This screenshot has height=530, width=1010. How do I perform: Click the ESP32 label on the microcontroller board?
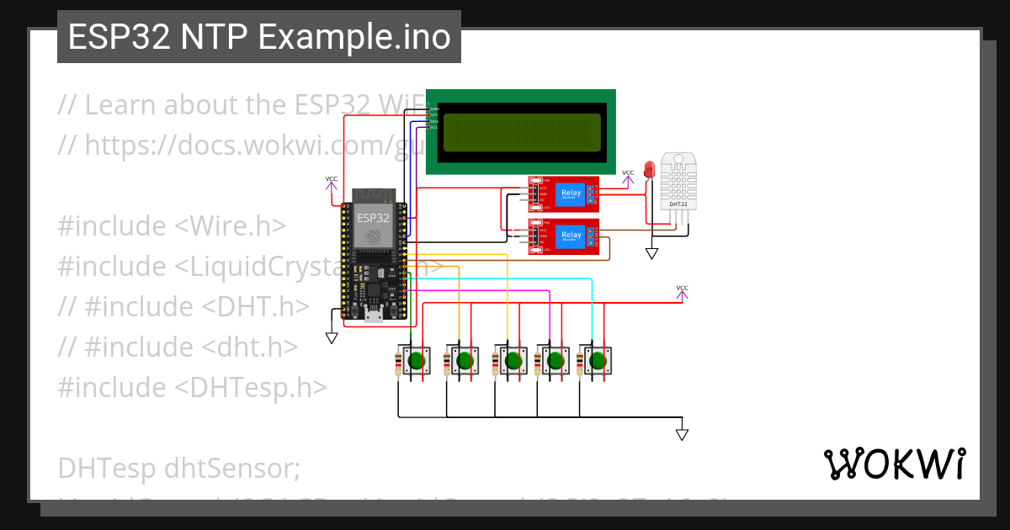coord(373,217)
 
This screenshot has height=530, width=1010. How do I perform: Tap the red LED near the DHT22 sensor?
coord(649,169)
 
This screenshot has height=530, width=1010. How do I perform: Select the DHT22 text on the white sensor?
coord(678,204)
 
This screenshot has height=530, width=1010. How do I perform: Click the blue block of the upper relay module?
coord(571,194)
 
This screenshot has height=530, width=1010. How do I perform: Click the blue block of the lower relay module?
coord(571,235)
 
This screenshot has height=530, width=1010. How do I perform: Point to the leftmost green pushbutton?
coord(414,362)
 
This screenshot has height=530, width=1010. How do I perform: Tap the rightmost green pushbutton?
coord(598,362)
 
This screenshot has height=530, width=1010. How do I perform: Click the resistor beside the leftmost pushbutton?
coord(397,367)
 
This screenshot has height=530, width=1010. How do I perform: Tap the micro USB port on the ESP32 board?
coord(373,317)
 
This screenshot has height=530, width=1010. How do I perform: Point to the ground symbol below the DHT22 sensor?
coord(651,253)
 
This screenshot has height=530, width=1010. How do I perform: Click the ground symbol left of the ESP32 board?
coord(332,337)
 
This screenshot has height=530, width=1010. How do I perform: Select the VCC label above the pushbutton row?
coord(682,289)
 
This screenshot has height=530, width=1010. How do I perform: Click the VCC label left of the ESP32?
coord(332,179)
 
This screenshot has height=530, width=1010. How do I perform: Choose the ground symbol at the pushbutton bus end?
coord(682,435)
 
